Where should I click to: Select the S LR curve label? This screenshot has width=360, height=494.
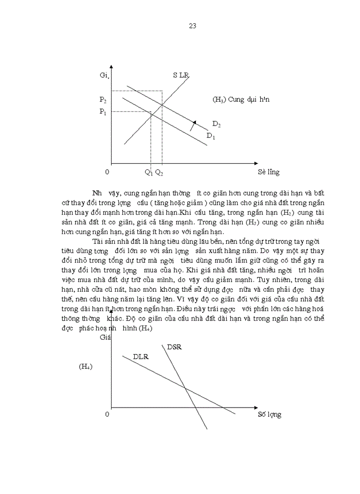tap(181, 76)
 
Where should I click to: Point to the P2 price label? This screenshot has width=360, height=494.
tap(103, 99)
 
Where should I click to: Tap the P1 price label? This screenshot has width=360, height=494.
tap(103, 112)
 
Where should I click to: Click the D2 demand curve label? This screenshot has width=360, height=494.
tap(217, 124)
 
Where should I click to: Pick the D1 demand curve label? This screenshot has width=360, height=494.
tap(211, 135)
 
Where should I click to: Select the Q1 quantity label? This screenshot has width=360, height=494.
tap(148, 172)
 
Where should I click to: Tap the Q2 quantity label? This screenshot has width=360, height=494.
tap(159, 172)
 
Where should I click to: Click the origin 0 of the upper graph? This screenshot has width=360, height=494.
tap(107, 172)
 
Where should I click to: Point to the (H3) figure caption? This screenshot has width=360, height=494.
tap(241, 99)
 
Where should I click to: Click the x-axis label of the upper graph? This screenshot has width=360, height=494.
tap(268, 172)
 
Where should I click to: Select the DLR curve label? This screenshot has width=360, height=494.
tap(141, 356)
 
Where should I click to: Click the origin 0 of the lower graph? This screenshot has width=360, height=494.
tap(107, 414)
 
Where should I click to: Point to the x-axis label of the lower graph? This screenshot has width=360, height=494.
tap(269, 414)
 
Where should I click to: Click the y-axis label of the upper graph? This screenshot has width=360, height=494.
tap(106, 76)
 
